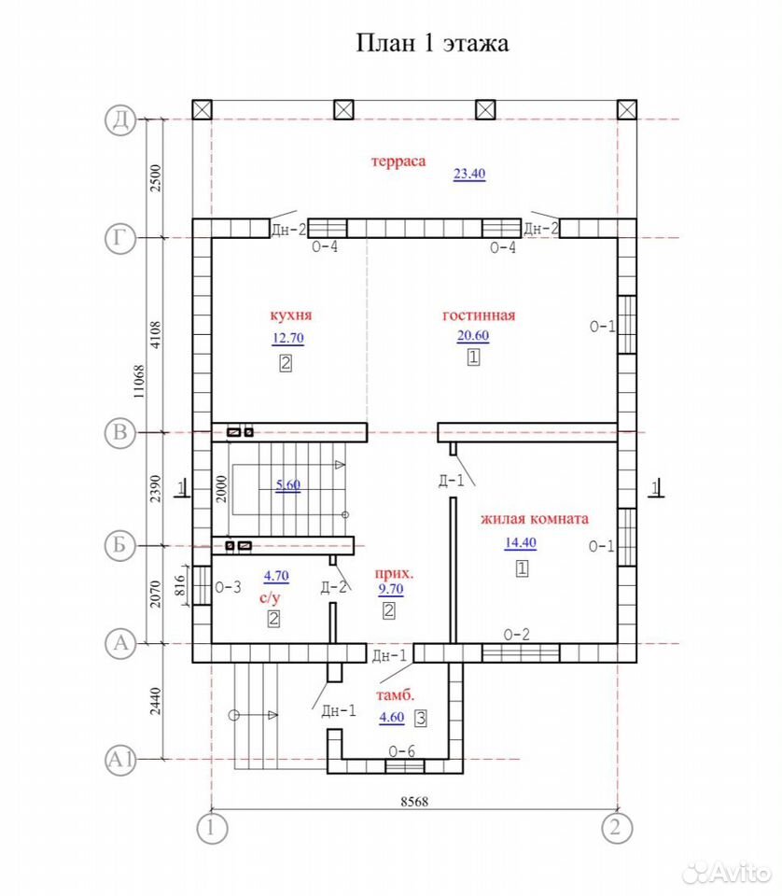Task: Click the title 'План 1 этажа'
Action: pos(432,44)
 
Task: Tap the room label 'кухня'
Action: pos(291,315)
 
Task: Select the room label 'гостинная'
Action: pos(479,315)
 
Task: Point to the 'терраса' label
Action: pos(398,161)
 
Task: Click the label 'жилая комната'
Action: pos(534,519)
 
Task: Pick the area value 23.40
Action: pos(469,174)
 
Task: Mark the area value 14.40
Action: pos(521,543)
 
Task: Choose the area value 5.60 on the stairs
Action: pos(288,485)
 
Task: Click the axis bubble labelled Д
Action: pos(120,120)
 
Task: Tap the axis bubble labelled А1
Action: pos(120,760)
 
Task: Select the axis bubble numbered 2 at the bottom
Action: pos(617,828)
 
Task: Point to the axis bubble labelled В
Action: pos(120,432)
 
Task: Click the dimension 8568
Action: pos(414,802)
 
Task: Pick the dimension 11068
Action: pos(139,382)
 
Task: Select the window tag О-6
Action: pos(401,751)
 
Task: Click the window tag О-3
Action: pos(228,587)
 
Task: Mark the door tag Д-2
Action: pos(333,587)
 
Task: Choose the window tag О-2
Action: pos(516,635)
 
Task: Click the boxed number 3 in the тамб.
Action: pos(421,719)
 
